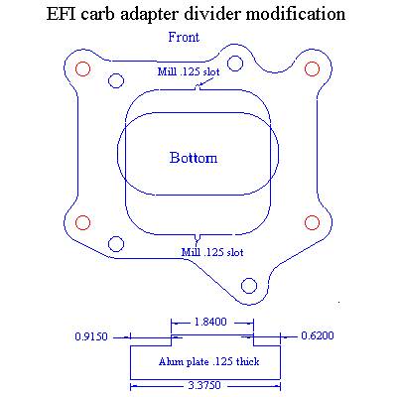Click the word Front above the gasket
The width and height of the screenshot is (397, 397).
coord(184,37)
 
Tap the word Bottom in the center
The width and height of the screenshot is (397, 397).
coord(194,158)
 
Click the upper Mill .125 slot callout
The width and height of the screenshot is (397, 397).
coord(189,71)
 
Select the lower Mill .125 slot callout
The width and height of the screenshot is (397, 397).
coord(212,252)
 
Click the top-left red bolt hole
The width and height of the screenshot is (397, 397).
coord(82,69)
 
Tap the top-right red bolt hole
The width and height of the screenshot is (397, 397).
coord(312,68)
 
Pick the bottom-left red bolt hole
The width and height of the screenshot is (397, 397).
coord(82,222)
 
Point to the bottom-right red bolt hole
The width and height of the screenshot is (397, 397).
coord(312,222)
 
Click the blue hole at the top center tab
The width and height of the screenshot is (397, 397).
coord(235,64)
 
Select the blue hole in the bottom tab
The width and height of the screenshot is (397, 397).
coord(249,285)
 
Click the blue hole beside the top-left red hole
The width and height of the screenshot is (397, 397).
coord(116,80)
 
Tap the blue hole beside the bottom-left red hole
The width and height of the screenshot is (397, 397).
coord(116,244)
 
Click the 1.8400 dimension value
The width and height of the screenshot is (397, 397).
coord(210,322)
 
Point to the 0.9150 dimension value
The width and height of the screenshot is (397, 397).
coord(91,336)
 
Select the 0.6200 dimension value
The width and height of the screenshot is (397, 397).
coord(318,335)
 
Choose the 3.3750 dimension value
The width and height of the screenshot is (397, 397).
coord(204,386)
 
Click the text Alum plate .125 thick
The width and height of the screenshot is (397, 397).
coord(208,361)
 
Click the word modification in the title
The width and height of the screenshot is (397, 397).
coord(296,14)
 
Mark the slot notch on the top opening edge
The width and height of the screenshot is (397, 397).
coord(198,88)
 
